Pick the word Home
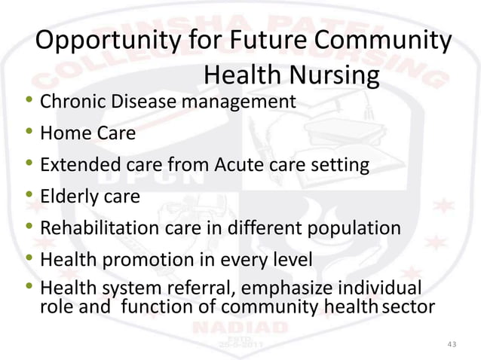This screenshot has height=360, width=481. click(x=62, y=133)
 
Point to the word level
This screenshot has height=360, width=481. click(x=290, y=261)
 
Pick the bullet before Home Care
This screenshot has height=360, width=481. click(x=29, y=133)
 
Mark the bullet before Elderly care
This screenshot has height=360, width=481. click(x=29, y=197)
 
